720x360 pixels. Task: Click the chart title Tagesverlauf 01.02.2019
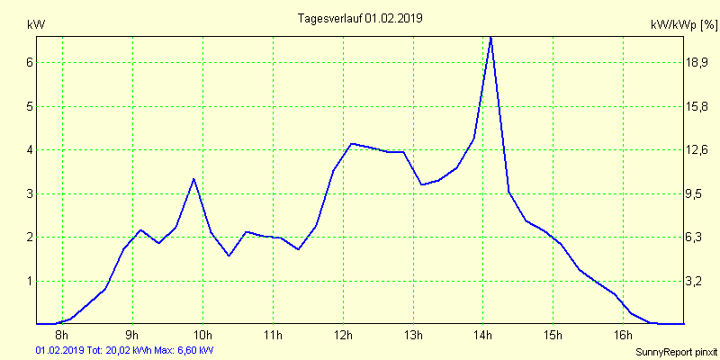point(360,18)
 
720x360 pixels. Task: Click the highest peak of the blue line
point(490,38)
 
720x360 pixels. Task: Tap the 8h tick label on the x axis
point(62,336)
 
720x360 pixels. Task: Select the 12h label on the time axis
point(343,336)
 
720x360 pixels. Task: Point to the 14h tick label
point(483,336)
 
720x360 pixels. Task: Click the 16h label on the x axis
point(624,336)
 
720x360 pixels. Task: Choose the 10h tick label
point(202,336)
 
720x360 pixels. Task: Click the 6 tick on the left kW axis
point(30,62)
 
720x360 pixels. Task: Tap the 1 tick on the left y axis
point(30,281)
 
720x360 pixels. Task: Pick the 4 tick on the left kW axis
point(30,149)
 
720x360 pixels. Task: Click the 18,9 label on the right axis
point(698,62)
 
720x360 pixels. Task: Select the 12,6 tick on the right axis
point(698,149)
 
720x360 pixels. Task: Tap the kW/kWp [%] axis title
point(683,26)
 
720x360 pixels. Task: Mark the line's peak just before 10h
point(193,179)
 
